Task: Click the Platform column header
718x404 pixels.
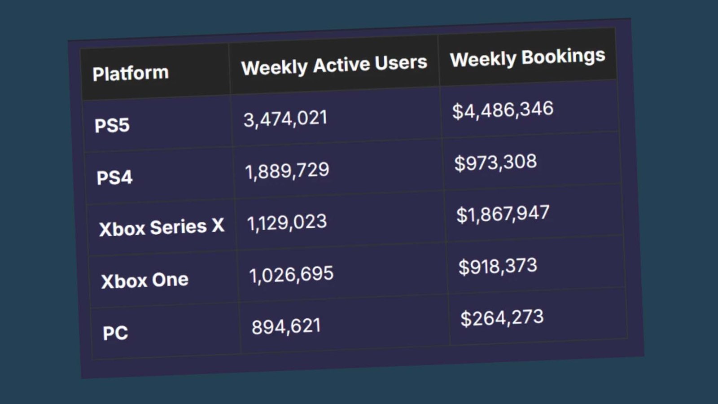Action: pos(131,73)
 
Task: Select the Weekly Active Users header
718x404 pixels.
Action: pos(334,65)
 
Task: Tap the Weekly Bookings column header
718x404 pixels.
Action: pos(527,58)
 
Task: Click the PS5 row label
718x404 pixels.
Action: pos(112,125)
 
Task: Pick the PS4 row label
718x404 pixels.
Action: pos(114,177)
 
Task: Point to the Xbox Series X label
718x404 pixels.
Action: pos(162,228)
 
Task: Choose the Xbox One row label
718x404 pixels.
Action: pos(144,281)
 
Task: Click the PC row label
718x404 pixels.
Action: pos(115,333)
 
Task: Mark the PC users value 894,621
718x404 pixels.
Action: pos(286,326)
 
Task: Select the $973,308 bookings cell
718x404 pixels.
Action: pos(495,162)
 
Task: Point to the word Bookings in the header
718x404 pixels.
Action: pos(563,57)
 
